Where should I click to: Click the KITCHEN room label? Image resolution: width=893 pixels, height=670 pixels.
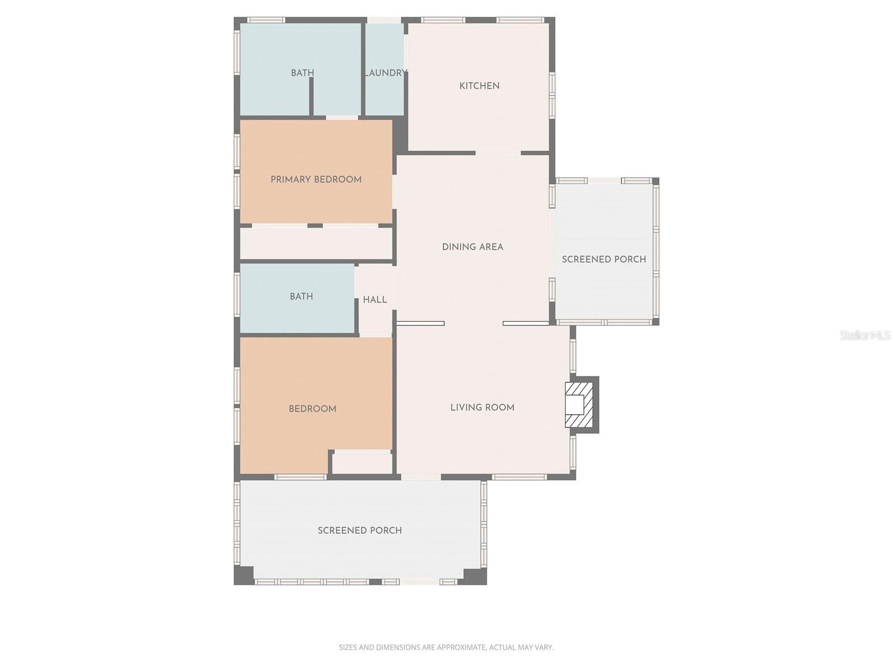[479, 86]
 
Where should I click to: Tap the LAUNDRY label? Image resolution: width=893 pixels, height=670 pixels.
[385, 73]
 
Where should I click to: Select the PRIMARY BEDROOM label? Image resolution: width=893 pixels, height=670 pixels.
[316, 179]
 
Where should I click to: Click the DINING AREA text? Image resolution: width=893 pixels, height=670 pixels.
[472, 247]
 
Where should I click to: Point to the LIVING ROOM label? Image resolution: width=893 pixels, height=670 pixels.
[482, 408]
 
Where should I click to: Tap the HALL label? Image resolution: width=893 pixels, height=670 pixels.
[375, 300]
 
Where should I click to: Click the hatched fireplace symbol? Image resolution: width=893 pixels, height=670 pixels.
[577, 405]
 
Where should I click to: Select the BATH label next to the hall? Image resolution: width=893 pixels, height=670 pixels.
[301, 296]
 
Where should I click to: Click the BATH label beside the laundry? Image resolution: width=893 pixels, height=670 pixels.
[302, 73]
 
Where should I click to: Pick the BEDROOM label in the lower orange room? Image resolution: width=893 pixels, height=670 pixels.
[312, 409]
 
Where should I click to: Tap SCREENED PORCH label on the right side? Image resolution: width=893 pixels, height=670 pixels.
[603, 259]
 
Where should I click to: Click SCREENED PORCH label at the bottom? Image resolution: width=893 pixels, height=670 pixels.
[359, 530]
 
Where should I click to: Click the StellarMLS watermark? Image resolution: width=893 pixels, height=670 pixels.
[865, 336]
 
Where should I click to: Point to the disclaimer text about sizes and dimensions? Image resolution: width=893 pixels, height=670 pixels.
[446, 648]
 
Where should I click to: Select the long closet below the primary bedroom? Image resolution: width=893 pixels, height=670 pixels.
[316, 243]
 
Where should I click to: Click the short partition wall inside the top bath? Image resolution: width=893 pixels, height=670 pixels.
[311, 96]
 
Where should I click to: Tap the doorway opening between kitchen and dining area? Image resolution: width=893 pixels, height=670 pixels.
[498, 153]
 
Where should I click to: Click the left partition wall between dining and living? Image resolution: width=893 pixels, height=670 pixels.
[420, 323]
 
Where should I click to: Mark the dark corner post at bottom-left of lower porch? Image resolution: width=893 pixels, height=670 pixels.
[243, 575]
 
